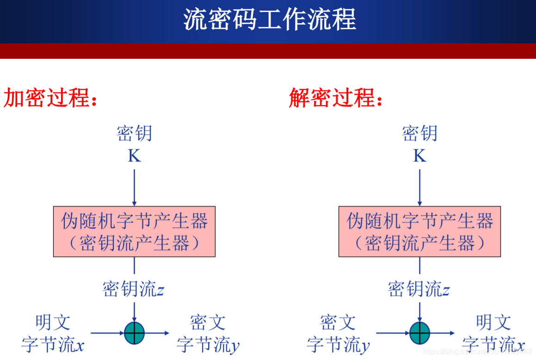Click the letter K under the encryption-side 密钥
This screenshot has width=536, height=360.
(x=134, y=156)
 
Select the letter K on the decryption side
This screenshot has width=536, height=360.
(x=419, y=156)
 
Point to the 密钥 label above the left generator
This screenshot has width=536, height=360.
(x=134, y=134)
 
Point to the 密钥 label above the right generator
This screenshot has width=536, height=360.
(x=419, y=134)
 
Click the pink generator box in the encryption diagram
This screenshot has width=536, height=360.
(x=134, y=231)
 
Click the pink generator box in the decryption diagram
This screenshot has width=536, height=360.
(x=419, y=231)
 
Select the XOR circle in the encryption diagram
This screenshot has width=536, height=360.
(x=134, y=333)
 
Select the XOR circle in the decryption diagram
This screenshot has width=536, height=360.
(x=419, y=333)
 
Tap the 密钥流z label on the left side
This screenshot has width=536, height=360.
(x=133, y=290)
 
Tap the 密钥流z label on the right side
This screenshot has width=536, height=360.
(x=419, y=290)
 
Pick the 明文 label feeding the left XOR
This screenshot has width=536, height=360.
(x=53, y=323)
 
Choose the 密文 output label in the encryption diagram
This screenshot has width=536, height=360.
(x=208, y=323)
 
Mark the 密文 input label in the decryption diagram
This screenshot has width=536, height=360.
(x=338, y=323)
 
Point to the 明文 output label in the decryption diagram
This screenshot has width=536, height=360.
(x=493, y=323)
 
